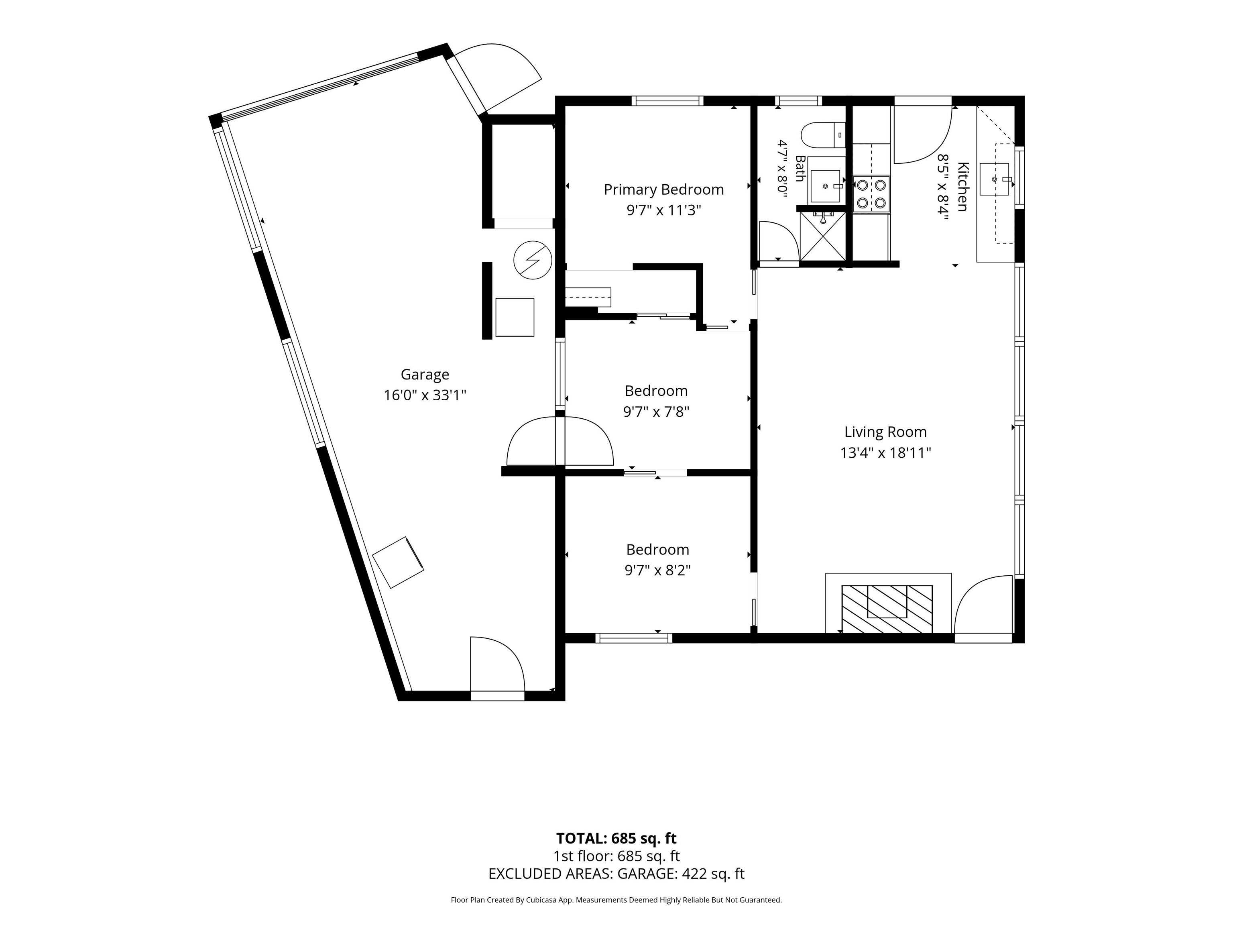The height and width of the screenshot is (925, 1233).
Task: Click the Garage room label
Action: [425, 375]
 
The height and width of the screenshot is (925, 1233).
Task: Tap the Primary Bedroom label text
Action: [664, 189]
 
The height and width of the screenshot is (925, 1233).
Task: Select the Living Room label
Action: [885, 432]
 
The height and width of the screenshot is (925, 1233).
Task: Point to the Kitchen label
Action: [962, 187]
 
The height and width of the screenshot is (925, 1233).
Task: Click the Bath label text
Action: [800, 168]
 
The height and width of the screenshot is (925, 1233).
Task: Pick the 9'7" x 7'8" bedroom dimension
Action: [656, 412]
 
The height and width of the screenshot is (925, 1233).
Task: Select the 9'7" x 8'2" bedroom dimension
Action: [658, 570]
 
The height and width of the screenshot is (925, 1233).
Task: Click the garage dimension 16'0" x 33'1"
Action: [425, 395]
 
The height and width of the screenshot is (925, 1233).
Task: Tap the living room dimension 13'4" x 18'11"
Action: [886, 453]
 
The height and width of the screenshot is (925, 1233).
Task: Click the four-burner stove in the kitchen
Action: [871, 194]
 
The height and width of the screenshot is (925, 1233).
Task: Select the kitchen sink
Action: [995, 179]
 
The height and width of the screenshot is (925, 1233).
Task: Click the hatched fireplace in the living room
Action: [887, 609]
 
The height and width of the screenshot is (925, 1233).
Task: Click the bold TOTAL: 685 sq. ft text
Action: [616, 838]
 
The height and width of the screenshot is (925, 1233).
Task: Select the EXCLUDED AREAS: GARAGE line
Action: [616, 874]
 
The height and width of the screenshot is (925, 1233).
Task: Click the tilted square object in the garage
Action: [398, 562]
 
